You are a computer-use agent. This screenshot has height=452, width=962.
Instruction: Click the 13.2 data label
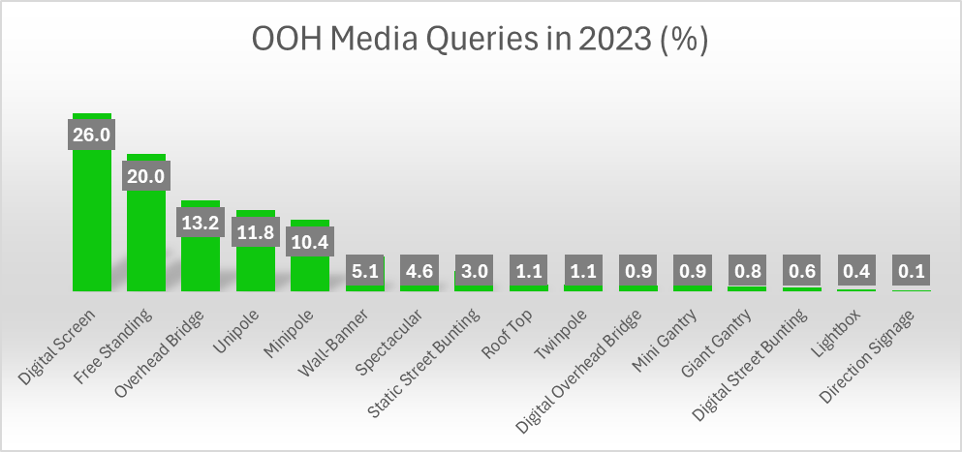(201, 222)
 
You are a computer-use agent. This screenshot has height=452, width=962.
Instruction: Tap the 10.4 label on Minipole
(310, 241)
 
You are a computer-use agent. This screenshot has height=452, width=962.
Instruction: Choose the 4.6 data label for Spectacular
(419, 272)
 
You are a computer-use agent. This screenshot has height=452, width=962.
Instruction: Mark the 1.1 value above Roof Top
(528, 272)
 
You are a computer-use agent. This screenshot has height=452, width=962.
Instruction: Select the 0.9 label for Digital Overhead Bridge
(636, 272)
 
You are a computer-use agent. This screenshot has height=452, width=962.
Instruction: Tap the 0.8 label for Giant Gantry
(746, 272)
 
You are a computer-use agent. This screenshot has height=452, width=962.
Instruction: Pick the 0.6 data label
(800, 272)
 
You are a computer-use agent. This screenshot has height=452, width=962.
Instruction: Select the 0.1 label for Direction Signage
(910, 272)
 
